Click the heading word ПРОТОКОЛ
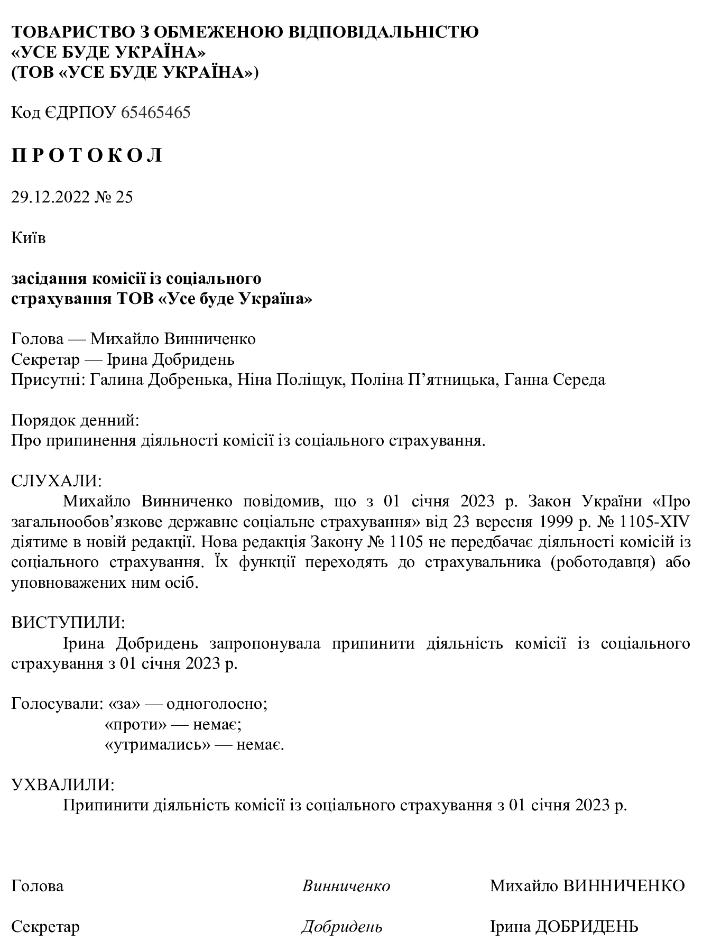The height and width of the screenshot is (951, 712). point(87,156)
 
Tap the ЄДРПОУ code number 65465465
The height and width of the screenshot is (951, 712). point(155,113)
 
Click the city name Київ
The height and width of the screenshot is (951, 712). point(29,238)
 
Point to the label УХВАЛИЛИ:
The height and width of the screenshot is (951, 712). point(62,784)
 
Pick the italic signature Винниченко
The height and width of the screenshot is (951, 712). point(346,886)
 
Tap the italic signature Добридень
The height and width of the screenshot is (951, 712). point(342,927)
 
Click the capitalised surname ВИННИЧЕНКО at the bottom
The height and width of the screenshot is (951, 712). point(624,886)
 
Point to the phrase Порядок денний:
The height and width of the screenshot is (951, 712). point(76,421)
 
